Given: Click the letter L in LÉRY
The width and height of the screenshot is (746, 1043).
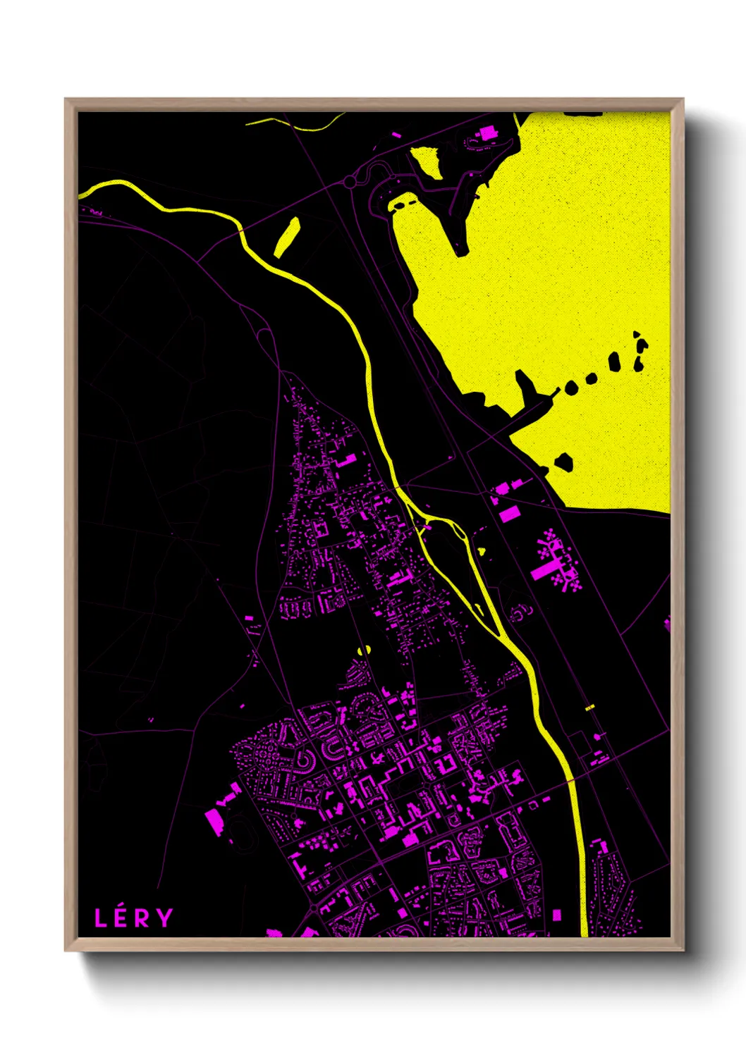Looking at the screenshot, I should (101, 918).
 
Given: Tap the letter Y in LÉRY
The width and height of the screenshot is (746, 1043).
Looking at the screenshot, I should (164, 918).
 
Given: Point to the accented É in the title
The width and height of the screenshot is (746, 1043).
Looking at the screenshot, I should (121, 918).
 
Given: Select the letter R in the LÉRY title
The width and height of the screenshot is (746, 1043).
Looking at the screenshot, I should (142, 918).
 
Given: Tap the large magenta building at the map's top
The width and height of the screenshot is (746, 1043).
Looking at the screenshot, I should (487, 132).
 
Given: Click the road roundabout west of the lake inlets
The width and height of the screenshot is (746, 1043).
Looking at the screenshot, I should (350, 183).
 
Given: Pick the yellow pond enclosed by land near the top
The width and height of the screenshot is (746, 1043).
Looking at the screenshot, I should (426, 161).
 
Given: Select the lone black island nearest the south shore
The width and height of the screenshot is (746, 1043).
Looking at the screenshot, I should (563, 462).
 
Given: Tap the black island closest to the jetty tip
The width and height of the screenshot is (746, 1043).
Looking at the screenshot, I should (571, 387).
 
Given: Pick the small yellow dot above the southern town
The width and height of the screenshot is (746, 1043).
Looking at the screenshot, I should (365, 650).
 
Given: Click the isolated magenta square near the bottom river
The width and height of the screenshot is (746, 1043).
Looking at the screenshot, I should (556, 915).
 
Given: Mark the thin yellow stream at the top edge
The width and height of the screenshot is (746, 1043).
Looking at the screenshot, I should (296, 124).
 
